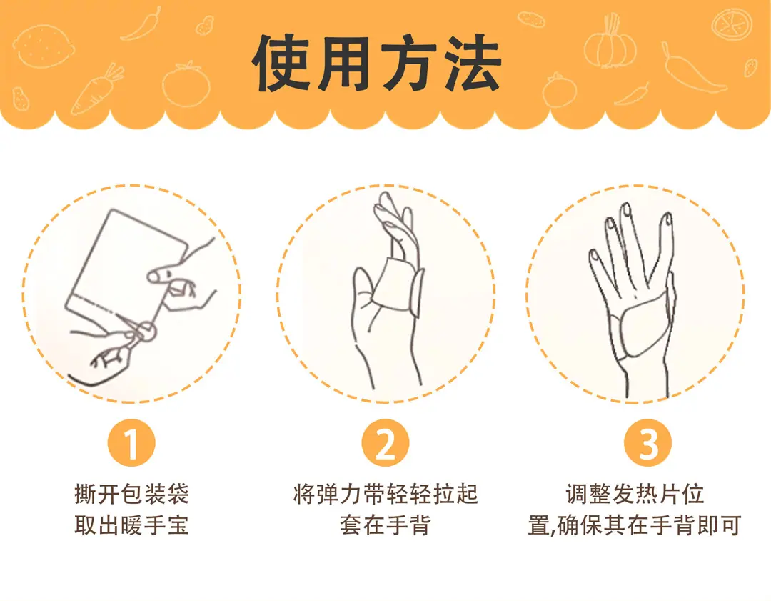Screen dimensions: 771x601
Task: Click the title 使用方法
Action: (377, 64)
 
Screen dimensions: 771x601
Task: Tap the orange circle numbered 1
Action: (131, 443)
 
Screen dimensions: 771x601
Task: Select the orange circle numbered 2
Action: (385, 443)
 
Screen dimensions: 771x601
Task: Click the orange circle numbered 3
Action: (647, 443)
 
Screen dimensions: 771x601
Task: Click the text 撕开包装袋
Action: (132, 494)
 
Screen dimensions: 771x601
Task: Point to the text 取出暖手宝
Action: (132, 525)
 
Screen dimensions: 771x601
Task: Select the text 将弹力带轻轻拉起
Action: (385, 494)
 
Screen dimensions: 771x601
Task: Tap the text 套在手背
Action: (385, 525)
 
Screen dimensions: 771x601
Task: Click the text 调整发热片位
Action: (635, 494)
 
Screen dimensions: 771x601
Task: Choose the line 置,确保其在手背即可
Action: (635, 525)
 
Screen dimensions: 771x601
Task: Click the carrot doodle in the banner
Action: (97, 89)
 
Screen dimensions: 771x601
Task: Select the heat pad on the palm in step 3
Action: (639, 327)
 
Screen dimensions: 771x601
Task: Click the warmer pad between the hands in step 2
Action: (393, 284)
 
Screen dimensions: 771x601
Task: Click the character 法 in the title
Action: (473, 64)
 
